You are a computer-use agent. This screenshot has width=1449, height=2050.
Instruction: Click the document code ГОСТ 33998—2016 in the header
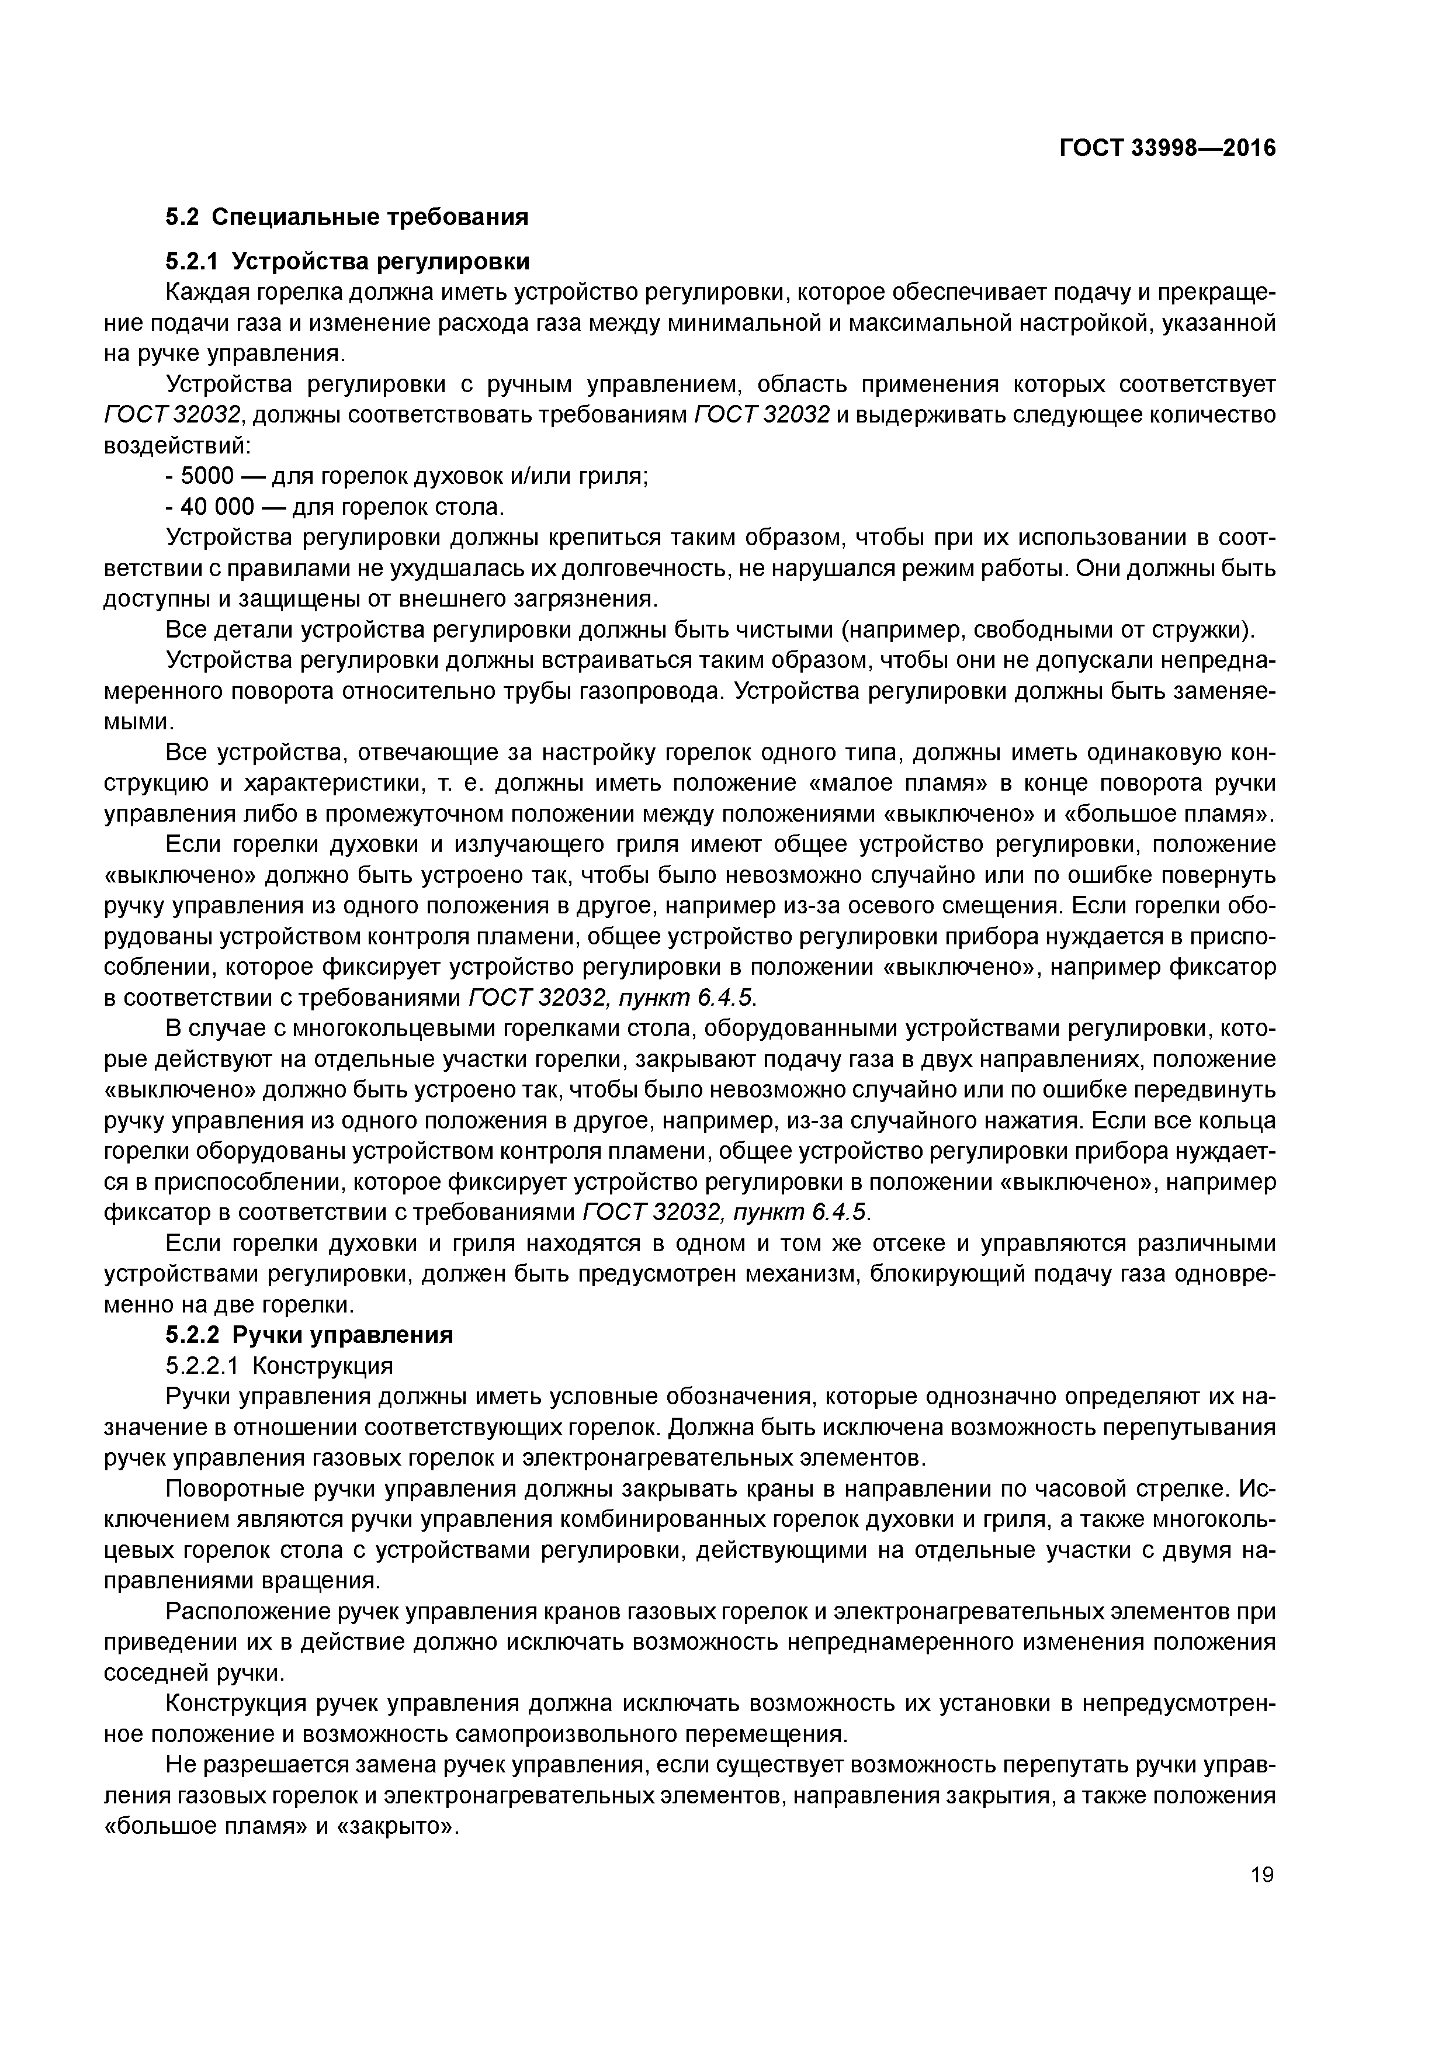click(x=1167, y=148)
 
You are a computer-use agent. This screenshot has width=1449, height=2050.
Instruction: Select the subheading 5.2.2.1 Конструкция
click(x=279, y=1366)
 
